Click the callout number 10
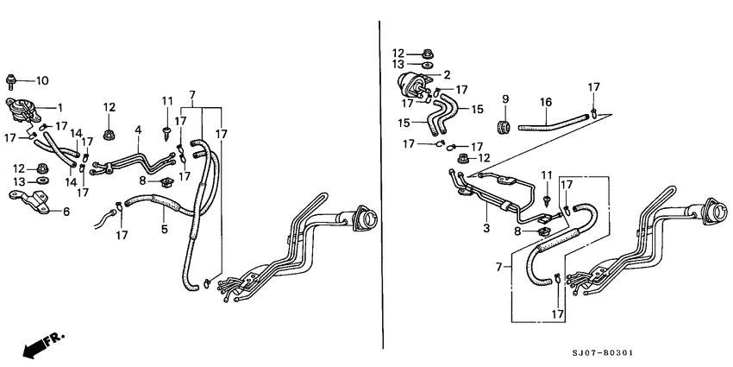coord(42,80)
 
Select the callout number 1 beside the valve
coord(60,107)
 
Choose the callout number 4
coord(137,130)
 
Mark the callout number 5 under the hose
coord(163,230)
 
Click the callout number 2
coord(448,74)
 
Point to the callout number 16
coord(545,102)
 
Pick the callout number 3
coord(486,229)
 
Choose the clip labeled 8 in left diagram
coord(165,181)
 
